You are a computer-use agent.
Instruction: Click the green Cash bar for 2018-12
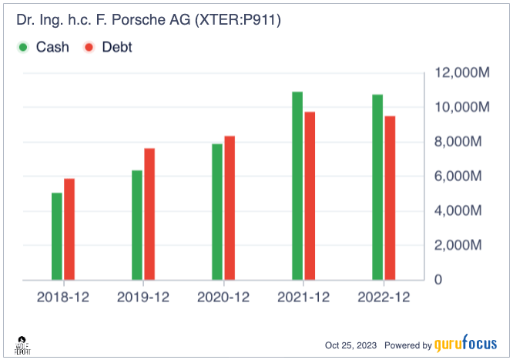click(57, 236)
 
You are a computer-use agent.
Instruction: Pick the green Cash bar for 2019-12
click(137, 225)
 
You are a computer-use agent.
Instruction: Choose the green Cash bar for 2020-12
click(217, 212)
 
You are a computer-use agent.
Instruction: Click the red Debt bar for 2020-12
click(230, 207)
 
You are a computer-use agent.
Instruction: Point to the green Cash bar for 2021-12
click(297, 186)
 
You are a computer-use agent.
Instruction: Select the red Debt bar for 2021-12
click(310, 196)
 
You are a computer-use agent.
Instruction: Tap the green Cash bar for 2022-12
click(377, 187)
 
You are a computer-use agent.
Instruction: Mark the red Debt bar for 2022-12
click(390, 198)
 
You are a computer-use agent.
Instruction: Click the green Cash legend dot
click(22, 48)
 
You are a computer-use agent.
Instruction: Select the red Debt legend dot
click(89, 48)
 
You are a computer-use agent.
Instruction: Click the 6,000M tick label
click(461, 177)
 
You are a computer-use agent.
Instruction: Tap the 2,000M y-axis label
click(461, 245)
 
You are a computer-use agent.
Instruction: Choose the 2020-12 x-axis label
click(223, 297)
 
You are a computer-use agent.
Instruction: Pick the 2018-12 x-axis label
click(63, 297)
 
